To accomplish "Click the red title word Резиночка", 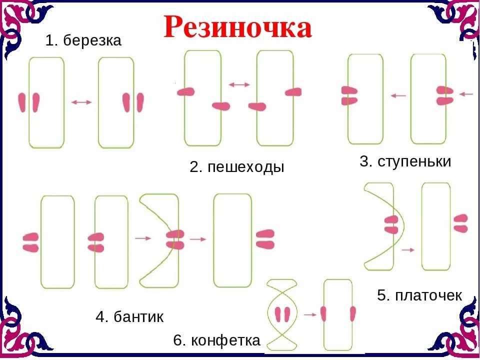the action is pyautogui.click(x=238, y=27).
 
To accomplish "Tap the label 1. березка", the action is pyautogui.click(x=83, y=40).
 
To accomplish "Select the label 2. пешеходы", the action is pyautogui.click(x=237, y=167).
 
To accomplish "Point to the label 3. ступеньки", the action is pyautogui.click(x=405, y=161).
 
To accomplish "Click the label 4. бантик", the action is pyautogui.click(x=129, y=316).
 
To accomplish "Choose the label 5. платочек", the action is pyautogui.click(x=419, y=295).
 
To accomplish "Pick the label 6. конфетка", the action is pyautogui.click(x=216, y=340).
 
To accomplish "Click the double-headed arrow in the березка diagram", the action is pyautogui.click(x=81, y=102).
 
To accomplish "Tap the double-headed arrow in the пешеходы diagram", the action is pyautogui.click(x=239, y=85).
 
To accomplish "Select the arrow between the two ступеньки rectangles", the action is pyautogui.click(x=398, y=95).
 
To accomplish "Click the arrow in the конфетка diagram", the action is pyautogui.click(x=310, y=314).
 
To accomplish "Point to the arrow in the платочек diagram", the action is pyautogui.click(x=408, y=250).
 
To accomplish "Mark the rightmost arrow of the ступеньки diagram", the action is pyautogui.click(x=466, y=94).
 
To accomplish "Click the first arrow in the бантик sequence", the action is pyautogui.click(x=143, y=238).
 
